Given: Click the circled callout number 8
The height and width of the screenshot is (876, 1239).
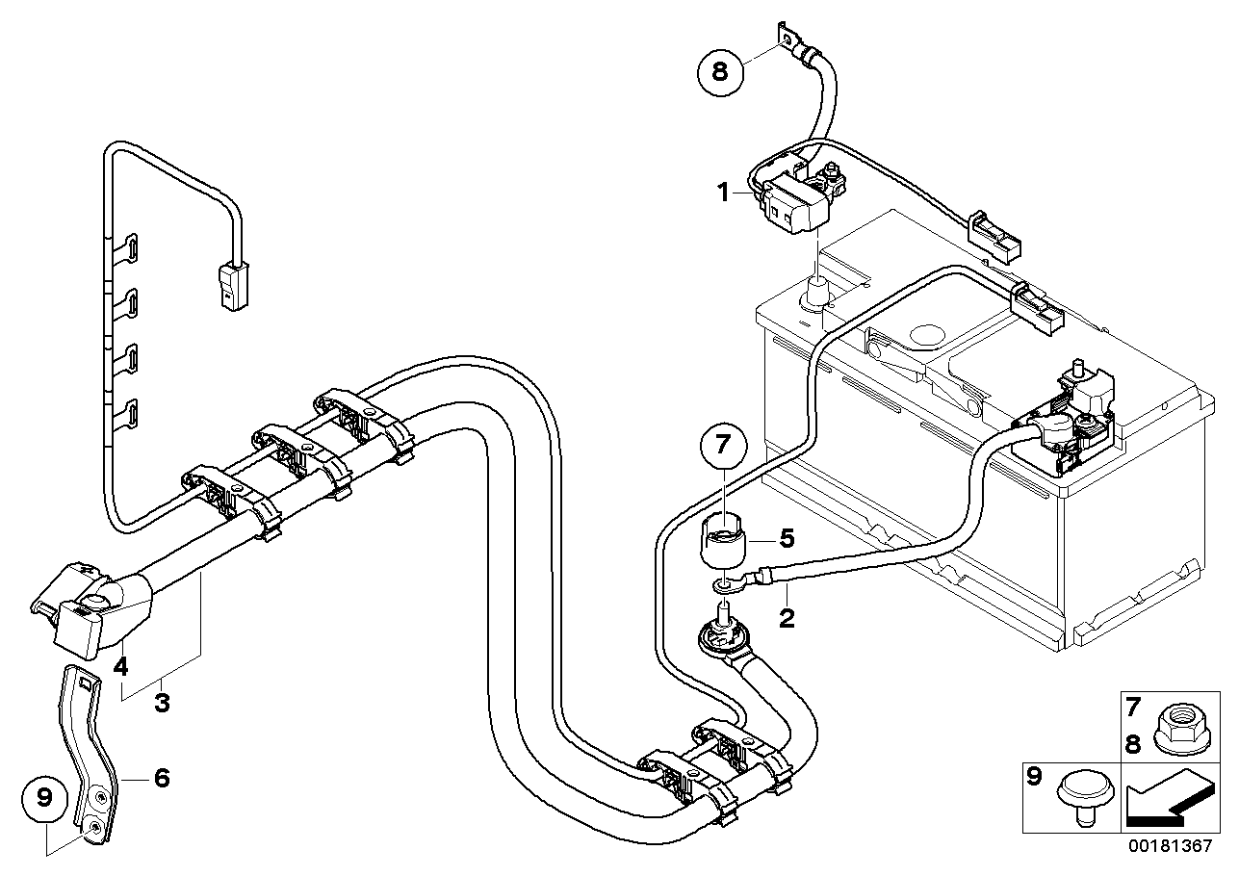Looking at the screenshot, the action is (719, 72).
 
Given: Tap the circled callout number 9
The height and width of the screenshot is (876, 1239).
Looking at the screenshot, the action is (43, 798).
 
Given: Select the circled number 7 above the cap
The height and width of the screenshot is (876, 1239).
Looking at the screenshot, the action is (723, 444).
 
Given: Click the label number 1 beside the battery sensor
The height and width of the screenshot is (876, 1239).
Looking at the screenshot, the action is (722, 193).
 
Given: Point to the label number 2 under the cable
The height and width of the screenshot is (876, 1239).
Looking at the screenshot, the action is (787, 618).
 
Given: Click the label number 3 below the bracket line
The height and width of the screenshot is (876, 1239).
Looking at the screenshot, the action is (162, 704).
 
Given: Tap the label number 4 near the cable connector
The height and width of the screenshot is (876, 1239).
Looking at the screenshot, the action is (120, 667).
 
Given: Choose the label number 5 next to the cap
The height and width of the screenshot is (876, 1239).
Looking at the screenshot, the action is (787, 538).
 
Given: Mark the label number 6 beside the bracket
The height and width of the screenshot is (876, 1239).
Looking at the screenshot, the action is (162, 778).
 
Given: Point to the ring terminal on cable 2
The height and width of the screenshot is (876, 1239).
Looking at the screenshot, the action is (724, 585).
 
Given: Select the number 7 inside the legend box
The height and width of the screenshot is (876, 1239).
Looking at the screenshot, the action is (1133, 707).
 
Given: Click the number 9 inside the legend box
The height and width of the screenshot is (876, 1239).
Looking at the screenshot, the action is (1033, 777).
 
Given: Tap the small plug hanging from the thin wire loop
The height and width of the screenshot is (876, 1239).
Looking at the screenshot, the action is (233, 287).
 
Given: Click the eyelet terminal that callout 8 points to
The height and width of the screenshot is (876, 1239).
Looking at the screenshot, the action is (786, 39).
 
